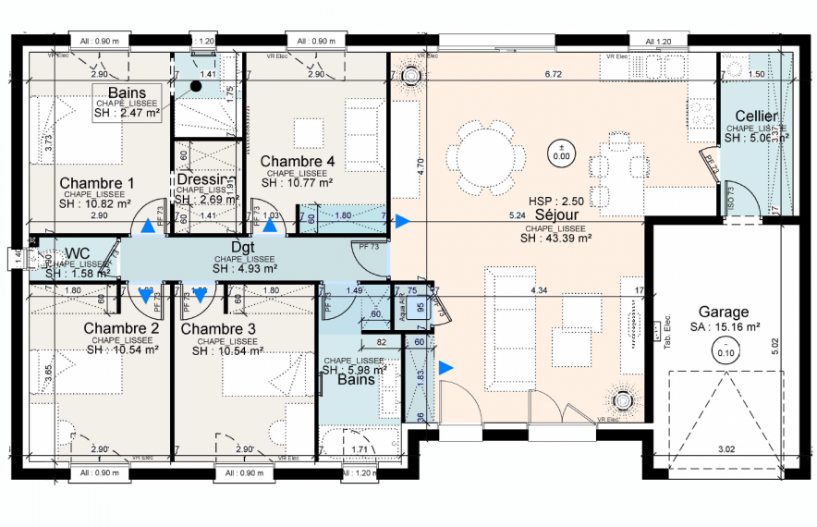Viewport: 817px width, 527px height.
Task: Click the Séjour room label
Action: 554,214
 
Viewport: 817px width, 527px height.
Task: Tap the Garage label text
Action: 724,313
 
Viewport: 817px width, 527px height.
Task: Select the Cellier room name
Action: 755,116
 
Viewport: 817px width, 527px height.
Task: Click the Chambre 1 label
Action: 97,182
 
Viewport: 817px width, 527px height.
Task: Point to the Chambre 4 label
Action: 297,161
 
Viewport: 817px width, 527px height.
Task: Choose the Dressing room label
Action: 205,179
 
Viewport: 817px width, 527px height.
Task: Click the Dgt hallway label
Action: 242,248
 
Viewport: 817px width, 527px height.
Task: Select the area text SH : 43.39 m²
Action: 555,238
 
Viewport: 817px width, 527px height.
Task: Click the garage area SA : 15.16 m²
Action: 724,326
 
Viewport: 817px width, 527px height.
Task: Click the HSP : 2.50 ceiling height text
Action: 556,201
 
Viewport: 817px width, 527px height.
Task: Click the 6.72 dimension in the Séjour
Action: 554,73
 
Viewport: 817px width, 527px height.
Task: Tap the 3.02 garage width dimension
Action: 727,450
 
